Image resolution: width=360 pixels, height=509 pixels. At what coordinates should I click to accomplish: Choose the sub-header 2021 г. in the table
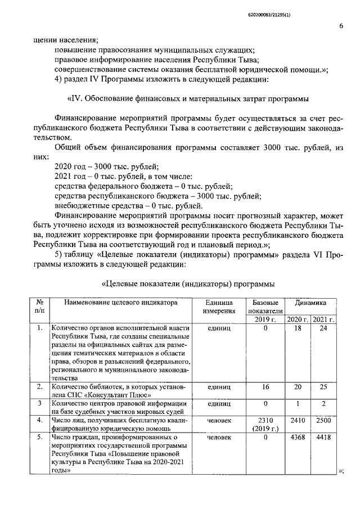[323, 319]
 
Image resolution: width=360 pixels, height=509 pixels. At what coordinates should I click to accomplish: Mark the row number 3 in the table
[39, 403]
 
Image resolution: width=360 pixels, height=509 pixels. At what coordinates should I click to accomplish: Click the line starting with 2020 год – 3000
[106, 166]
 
